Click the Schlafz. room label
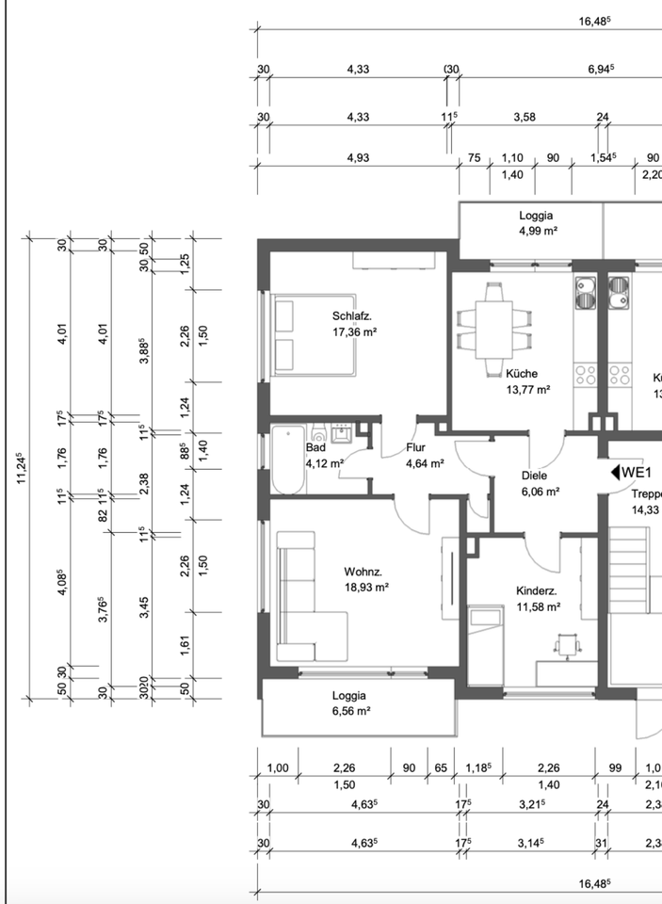(x=352, y=316)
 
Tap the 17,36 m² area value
(x=355, y=332)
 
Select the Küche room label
(x=522, y=374)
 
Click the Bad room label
(x=316, y=447)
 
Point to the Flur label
(x=416, y=447)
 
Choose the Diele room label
(x=535, y=476)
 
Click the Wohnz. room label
(x=363, y=572)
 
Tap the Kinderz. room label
(x=537, y=591)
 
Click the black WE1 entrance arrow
(x=615, y=473)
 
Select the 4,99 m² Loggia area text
(x=537, y=232)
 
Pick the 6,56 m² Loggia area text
(x=351, y=712)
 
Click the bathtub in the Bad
(x=288, y=460)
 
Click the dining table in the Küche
(x=493, y=330)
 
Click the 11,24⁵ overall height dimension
(x=22, y=468)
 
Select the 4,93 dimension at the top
(x=358, y=158)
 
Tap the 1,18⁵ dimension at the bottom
(x=478, y=768)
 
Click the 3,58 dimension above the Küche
(x=525, y=117)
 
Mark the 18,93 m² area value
(x=366, y=588)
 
